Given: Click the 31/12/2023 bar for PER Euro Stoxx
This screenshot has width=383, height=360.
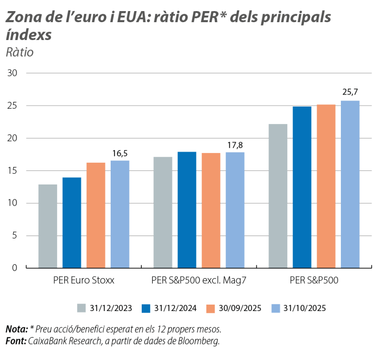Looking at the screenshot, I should (48, 226).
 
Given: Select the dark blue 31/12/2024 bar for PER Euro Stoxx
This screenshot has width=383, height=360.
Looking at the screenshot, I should (71, 222).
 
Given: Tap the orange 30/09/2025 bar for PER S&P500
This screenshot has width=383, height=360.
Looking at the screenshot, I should (326, 186).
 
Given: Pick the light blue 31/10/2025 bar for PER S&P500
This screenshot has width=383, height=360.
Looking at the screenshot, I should (350, 184).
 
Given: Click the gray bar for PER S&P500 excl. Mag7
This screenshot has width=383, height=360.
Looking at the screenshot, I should (163, 212).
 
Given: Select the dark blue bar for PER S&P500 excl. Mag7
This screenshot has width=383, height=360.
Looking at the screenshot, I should (187, 209).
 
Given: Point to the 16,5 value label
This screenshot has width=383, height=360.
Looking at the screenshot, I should (120, 153).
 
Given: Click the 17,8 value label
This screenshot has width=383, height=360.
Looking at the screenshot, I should (234, 145).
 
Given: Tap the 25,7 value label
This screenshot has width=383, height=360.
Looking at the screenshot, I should (350, 92).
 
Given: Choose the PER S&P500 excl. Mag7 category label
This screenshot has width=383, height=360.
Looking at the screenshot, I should (199, 280).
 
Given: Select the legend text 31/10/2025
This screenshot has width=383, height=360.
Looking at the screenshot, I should (304, 308).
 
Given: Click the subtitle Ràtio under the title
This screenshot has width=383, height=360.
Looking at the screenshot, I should (20, 53).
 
